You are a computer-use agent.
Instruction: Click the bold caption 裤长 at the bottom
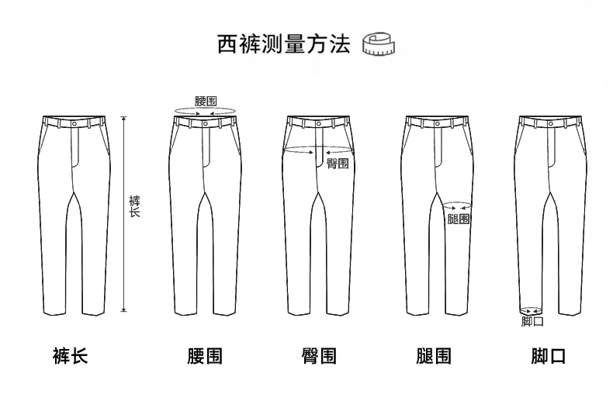pyautogui.click(x=70, y=356)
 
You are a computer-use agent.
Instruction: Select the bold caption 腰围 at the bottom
pyautogui.click(x=205, y=356)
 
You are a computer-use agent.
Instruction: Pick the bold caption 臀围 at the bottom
pyautogui.click(x=319, y=356)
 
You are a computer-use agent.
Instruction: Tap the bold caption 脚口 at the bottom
pyautogui.click(x=548, y=356)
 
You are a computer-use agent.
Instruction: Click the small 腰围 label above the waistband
pyautogui.click(x=206, y=102)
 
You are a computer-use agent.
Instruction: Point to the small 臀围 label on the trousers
pyautogui.click(x=338, y=164)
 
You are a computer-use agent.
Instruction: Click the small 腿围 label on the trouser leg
pyautogui.click(x=459, y=220)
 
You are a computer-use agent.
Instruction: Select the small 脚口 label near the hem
pyautogui.click(x=532, y=320)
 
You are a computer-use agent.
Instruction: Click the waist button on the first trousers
pyautogui.click(x=74, y=122)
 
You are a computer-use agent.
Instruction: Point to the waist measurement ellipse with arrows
pyautogui.click(x=205, y=113)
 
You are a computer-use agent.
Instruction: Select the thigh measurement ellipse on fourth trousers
pyautogui.click(x=457, y=207)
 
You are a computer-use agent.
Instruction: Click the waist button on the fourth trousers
pyautogui.click(x=437, y=122)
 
